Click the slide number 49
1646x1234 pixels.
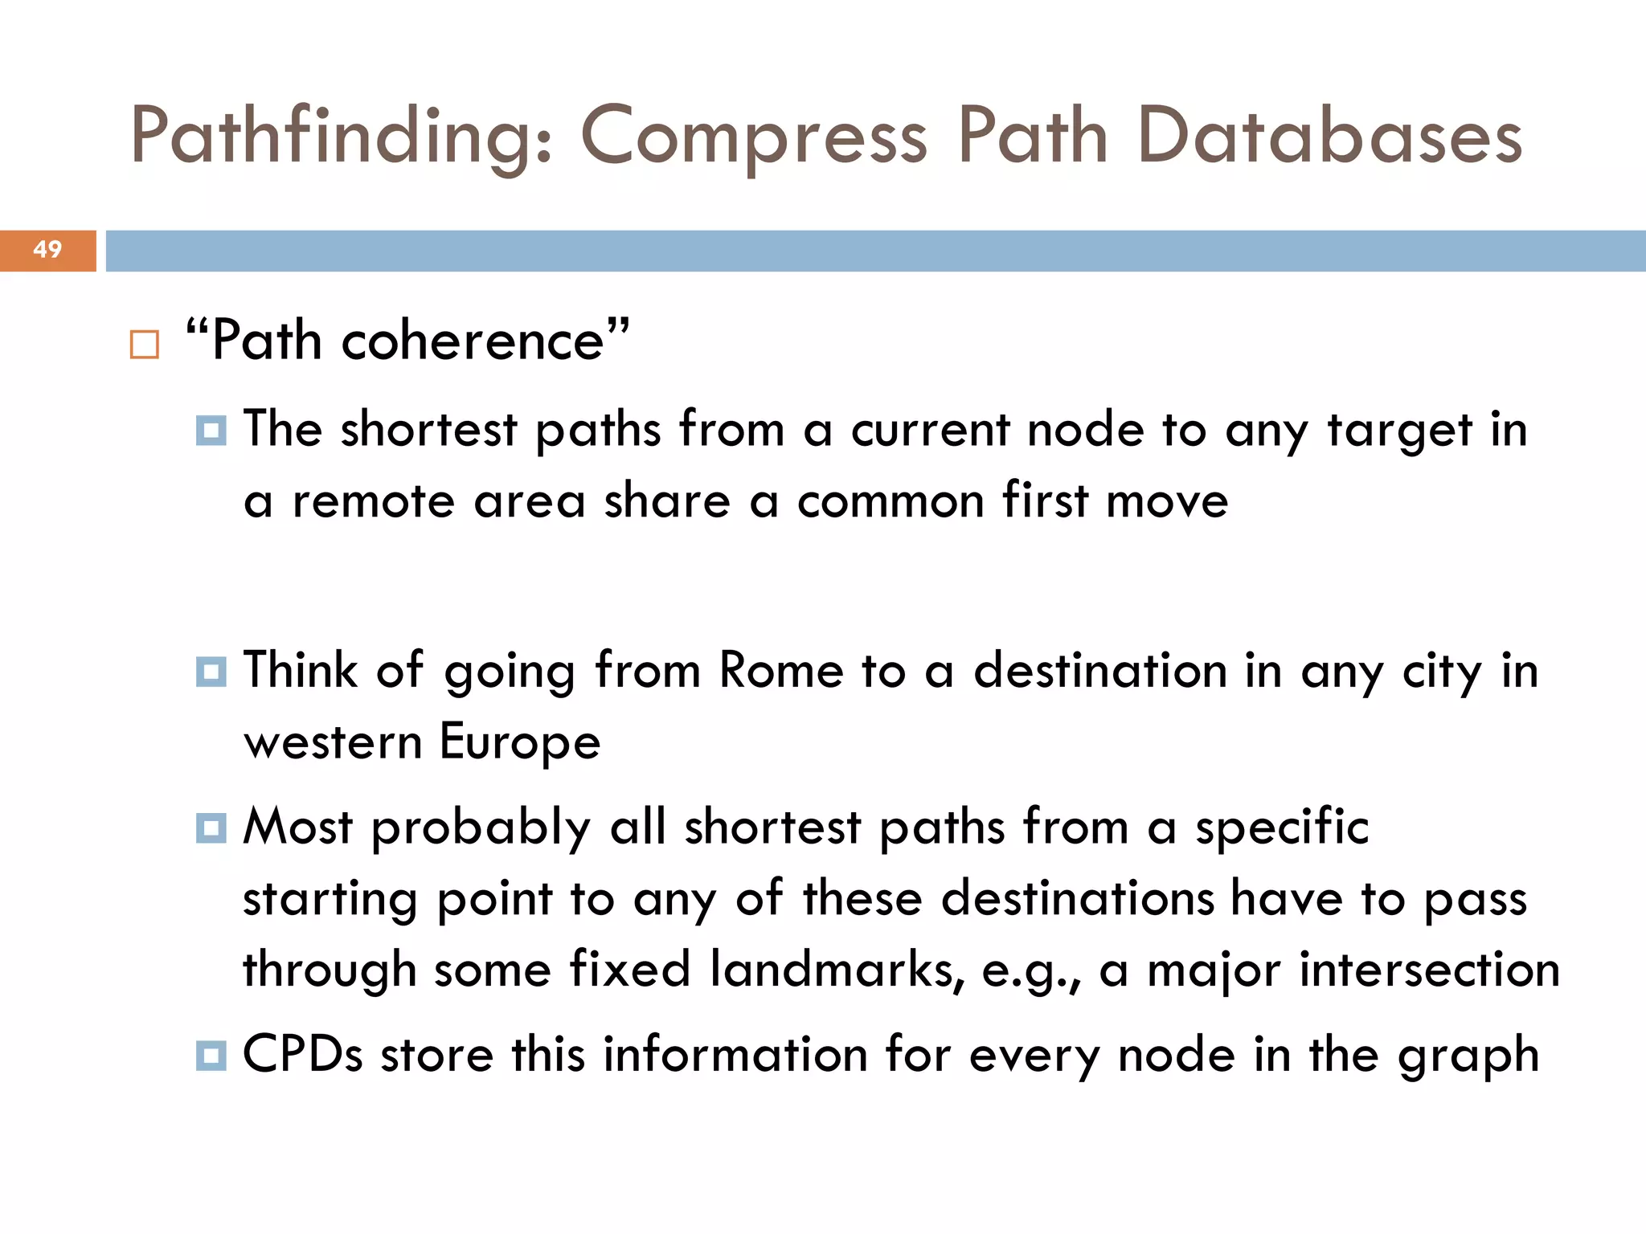[x=47, y=250]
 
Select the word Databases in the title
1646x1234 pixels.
[x=1330, y=137]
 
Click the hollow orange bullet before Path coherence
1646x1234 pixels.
[x=145, y=345]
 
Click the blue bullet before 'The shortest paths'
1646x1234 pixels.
[x=211, y=431]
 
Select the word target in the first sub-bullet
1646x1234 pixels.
[x=1399, y=431]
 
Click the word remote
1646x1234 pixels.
[x=374, y=502]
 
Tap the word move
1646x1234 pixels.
[x=1167, y=502]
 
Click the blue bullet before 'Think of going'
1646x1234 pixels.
[x=211, y=672]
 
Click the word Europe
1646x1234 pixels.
[x=520, y=742]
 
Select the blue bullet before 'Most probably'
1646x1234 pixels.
[x=211, y=827]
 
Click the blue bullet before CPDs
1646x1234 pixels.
[x=211, y=1055]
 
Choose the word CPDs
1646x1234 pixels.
[x=303, y=1055]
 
